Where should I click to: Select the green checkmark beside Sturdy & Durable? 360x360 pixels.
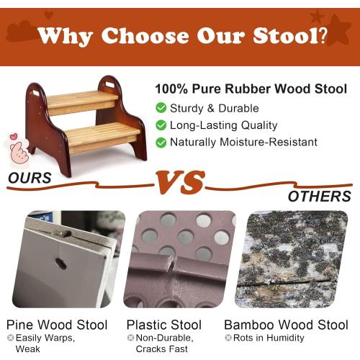[x=161, y=108]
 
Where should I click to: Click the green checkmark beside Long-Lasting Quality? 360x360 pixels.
[x=161, y=125]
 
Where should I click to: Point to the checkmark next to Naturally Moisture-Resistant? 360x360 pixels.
[x=161, y=142]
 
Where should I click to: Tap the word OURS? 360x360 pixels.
[x=30, y=178]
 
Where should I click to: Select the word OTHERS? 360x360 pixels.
[x=319, y=196]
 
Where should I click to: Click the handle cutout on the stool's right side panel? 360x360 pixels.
[x=109, y=84]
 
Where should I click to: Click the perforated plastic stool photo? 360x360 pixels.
[x=180, y=259]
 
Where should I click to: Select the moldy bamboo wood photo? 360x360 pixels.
[x=293, y=259]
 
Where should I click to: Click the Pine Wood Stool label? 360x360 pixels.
[x=57, y=325]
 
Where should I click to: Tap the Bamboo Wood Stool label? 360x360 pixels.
[x=286, y=325]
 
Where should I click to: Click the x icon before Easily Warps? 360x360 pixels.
[x=10, y=338]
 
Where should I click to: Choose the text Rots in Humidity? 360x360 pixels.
[x=268, y=338]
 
